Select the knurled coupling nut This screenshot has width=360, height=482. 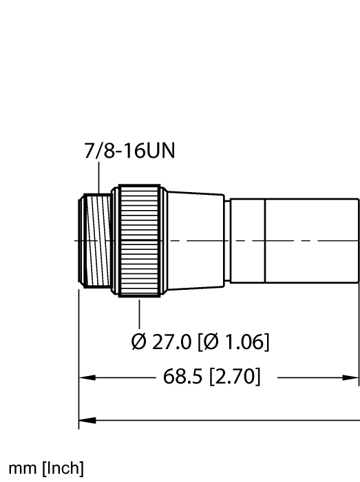point(139,240)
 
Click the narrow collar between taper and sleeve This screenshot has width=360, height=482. point(227,240)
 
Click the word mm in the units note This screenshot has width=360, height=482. point(20,470)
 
